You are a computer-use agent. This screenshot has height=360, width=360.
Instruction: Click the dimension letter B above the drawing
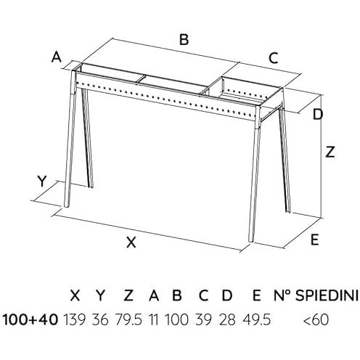click(184, 40)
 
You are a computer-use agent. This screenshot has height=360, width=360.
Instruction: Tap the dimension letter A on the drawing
click(57, 57)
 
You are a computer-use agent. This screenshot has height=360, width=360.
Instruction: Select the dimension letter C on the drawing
click(274, 58)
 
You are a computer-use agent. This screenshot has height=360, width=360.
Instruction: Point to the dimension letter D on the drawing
click(318, 114)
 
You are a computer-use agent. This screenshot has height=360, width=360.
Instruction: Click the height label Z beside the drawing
click(330, 152)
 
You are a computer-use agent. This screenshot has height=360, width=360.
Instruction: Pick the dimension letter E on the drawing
click(314, 240)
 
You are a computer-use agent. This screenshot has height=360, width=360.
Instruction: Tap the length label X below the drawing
click(131, 242)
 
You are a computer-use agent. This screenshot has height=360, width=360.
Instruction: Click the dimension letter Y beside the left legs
click(42, 181)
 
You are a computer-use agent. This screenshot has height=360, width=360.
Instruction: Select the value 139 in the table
click(75, 319)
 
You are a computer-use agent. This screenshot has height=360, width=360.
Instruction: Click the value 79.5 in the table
click(128, 319)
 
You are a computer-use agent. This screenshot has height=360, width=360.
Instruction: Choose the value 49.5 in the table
click(256, 319)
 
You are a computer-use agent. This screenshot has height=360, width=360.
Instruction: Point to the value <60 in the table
click(316, 319)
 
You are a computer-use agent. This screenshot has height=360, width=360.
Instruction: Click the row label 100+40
click(30, 319)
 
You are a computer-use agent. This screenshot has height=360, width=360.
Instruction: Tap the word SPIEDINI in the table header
click(327, 295)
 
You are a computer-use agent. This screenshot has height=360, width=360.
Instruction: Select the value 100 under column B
click(176, 319)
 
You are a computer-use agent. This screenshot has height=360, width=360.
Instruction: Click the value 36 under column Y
click(100, 319)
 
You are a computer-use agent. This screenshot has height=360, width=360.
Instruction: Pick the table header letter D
click(227, 295)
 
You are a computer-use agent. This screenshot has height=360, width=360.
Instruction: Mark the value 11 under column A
click(154, 319)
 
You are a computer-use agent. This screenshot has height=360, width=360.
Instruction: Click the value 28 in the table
click(227, 319)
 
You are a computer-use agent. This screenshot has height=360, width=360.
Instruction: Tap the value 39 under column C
click(204, 319)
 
